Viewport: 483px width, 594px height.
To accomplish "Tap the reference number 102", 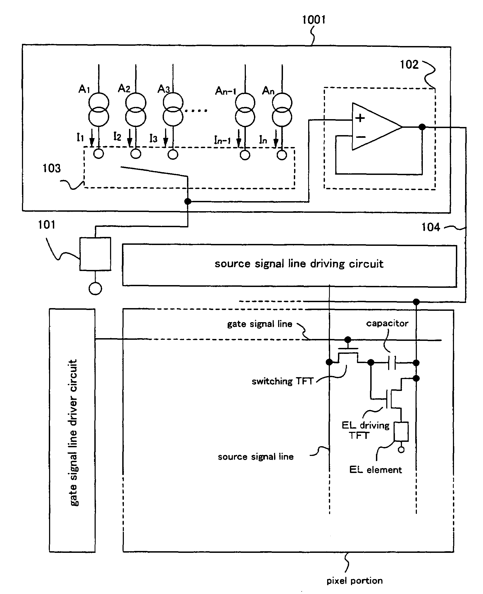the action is pyautogui.click(x=409, y=64).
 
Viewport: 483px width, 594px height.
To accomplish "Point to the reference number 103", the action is pyautogui.click(x=51, y=168).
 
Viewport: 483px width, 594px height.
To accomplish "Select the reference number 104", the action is pyautogui.click(x=431, y=227).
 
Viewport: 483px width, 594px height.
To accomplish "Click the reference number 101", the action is pyautogui.click(x=46, y=225).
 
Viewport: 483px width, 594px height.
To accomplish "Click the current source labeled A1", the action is pyautogui.click(x=99, y=110).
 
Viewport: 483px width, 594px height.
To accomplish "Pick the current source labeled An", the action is pyautogui.click(x=282, y=110).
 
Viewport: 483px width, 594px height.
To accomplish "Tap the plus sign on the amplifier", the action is pyautogui.click(x=360, y=118).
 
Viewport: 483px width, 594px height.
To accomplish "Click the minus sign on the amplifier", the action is pyautogui.click(x=360, y=137).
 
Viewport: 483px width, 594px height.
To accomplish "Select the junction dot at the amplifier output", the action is pyautogui.click(x=422, y=127).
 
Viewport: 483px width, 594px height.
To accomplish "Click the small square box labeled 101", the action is pyautogui.click(x=95, y=254).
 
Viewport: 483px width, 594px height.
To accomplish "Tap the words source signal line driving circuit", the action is pyautogui.click(x=299, y=263).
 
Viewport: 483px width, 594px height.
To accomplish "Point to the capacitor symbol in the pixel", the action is pyautogui.click(x=392, y=363).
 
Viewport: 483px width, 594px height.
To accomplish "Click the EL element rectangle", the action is pyautogui.click(x=401, y=432).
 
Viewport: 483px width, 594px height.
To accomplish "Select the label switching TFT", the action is pyautogui.click(x=282, y=381).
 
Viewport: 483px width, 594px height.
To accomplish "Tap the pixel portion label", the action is pyautogui.click(x=355, y=581).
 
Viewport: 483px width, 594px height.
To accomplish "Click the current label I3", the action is pyautogui.click(x=153, y=138).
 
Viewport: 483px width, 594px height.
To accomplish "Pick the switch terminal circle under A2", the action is pyautogui.click(x=136, y=154).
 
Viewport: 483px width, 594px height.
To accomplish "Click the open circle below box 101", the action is pyautogui.click(x=95, y=289).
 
